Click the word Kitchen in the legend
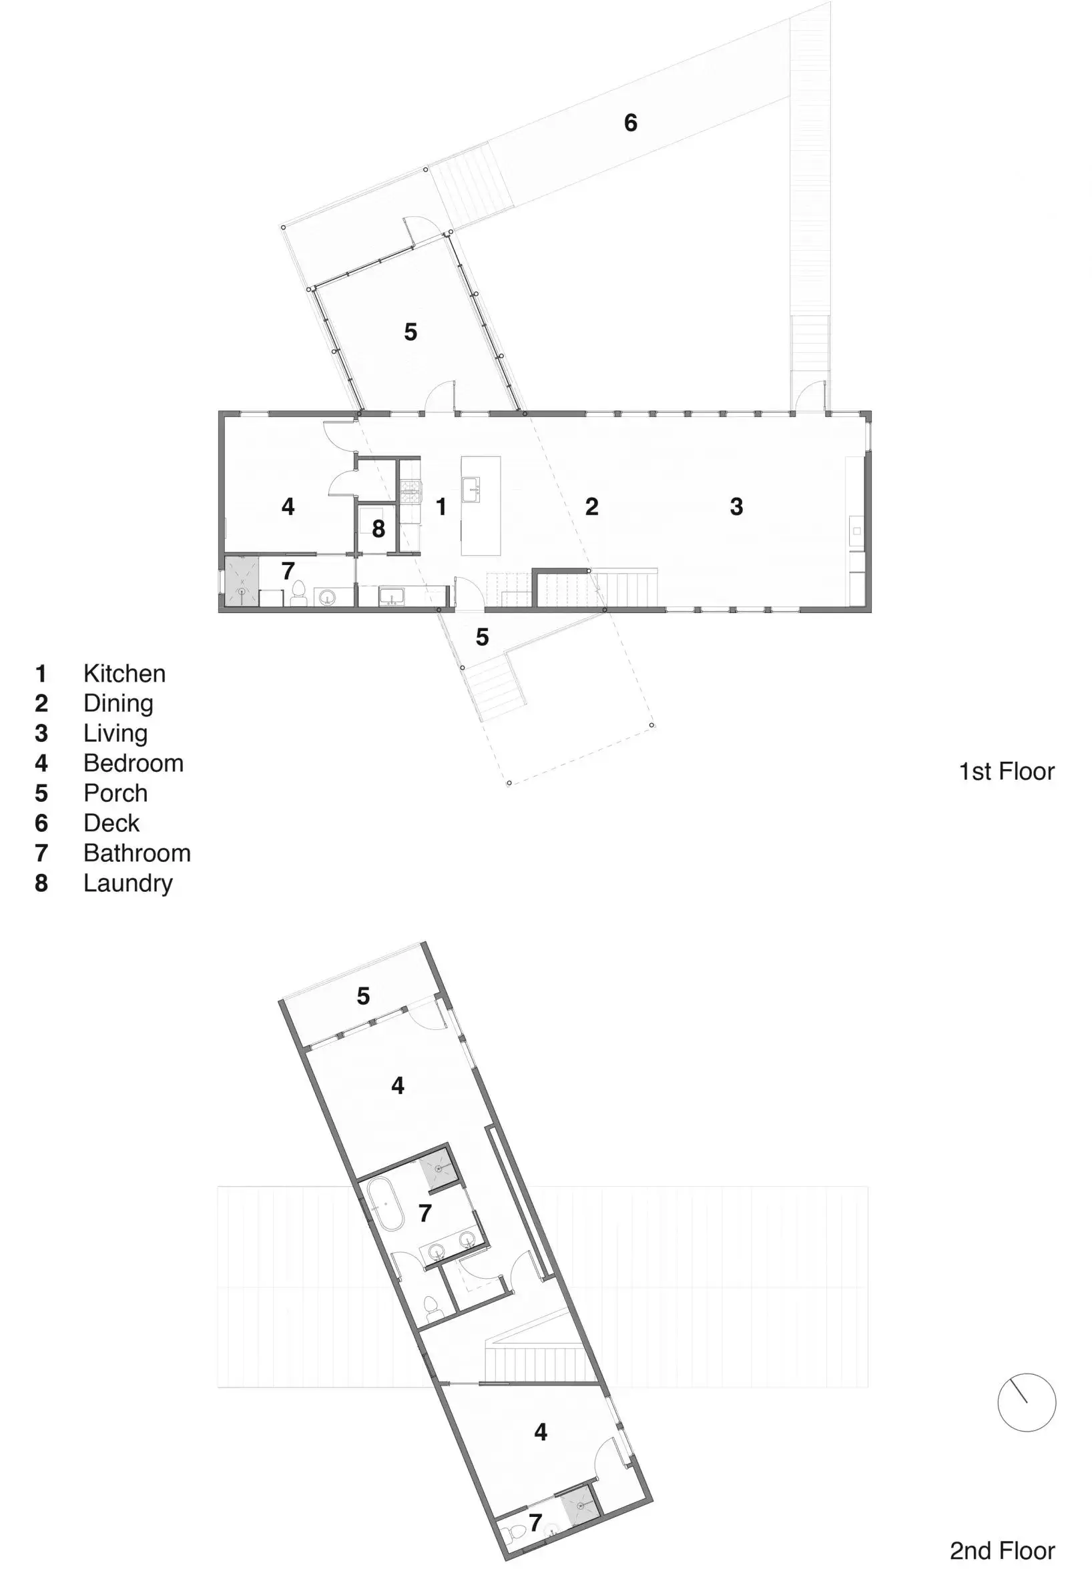pos(125,674)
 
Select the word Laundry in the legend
pos(128,883)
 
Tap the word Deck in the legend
pos(111,823)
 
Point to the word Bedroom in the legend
pos(133,763)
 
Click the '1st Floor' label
pos(1007,771)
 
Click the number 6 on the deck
pos(631,123)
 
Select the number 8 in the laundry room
pos(378,528)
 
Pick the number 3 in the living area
pos(736,507)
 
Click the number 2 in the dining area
pos(592,507)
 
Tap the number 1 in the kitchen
pos(441,507)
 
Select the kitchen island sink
pos(471,490)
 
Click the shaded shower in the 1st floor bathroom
pos(242,581)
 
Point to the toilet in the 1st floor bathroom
pos(299,594)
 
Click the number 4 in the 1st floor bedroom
pos(288,507)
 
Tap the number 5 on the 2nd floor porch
pos(363,997)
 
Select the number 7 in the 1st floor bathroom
pos(288,570)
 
